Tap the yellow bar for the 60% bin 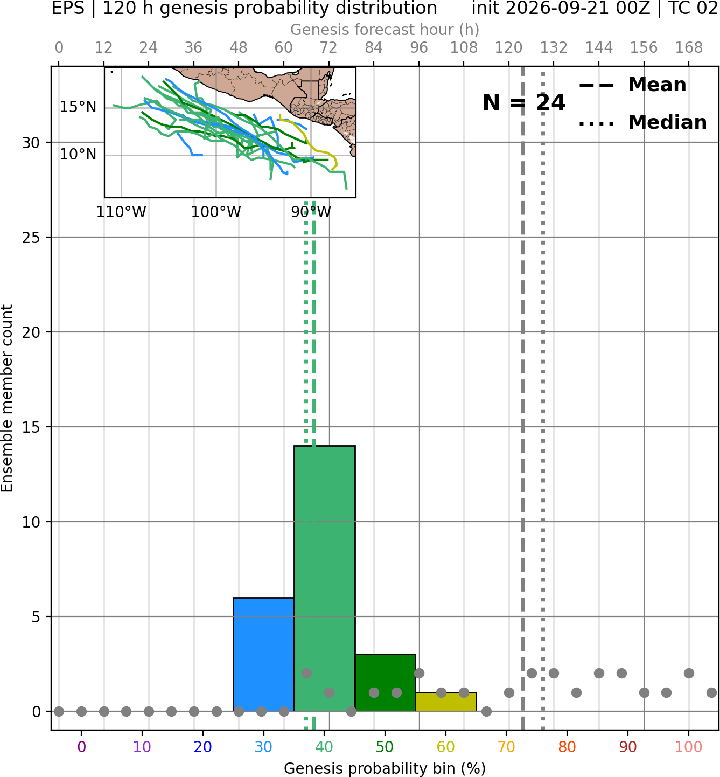[x=446, y=702]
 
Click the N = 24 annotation [x=524, y=102]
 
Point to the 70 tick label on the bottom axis [x=506, y=747]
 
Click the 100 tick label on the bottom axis [x=689, y=747]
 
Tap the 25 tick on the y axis [x=31, y=237]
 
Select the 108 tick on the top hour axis [x=464, y=48]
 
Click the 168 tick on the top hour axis [x=689, y=48]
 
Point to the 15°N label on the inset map [x=78, y=107]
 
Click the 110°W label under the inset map [x=121, y=212]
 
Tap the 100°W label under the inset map [x=216, y=212]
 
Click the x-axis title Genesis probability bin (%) [x=385, y=768]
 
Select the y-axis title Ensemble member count [x=6, y=398]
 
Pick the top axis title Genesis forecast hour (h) [x=385, y=30]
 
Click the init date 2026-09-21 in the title [x=558, y=9]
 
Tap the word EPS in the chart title [x=68, y=9]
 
